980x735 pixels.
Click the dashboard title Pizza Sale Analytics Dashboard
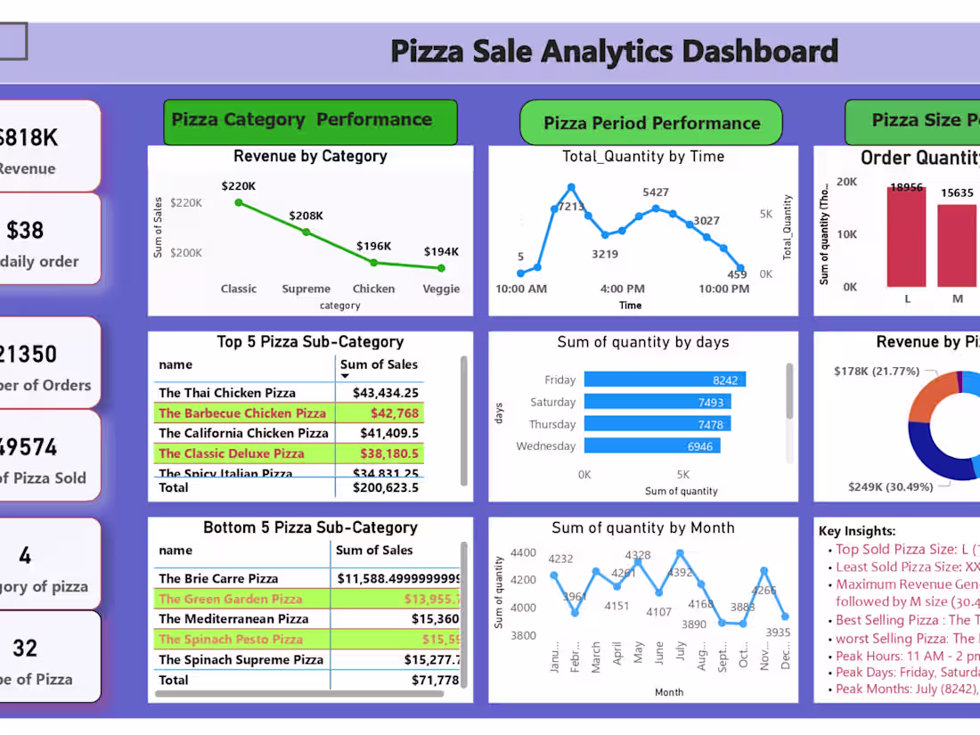pos(614,52)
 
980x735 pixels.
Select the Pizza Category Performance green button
pos(310,121)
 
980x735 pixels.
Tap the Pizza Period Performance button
pos(651,123)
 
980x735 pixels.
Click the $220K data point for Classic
pos(239,203)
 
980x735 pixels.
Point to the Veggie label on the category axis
pos(441,289)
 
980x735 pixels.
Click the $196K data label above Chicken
pos(373,246)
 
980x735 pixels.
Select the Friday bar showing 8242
pos(665,380)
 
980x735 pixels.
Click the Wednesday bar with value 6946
pos(651,445)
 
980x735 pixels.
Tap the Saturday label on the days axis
pos(552,403)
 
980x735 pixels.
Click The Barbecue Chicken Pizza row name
pos(242,413)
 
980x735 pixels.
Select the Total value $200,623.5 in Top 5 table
pos(385,487)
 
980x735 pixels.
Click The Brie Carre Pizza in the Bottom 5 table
pos(218,578)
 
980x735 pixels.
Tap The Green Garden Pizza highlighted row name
pos(230,599)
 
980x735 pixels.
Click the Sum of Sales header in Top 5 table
pos(379,364)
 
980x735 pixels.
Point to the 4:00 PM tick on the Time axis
pos(622,289)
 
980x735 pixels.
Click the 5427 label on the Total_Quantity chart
pos(655,192)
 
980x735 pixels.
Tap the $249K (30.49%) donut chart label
pos(885,487)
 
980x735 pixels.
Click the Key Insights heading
pos(857,531)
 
